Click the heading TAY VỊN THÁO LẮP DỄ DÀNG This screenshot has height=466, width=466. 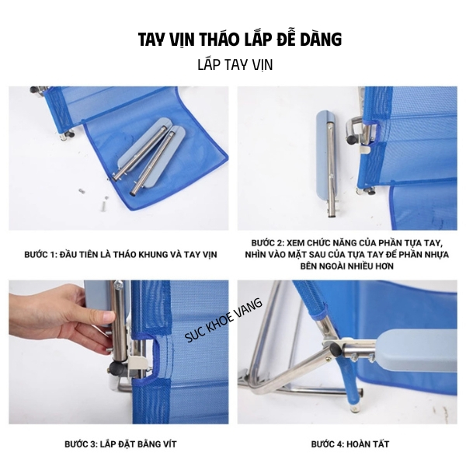pos(240,40)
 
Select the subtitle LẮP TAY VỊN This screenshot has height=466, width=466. pos(235,64)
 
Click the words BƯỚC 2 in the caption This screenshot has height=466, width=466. pos(267,243)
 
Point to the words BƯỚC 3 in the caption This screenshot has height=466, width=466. pos(81,444)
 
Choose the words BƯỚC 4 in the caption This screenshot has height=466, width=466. pos(327,444)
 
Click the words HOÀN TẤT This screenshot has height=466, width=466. pos(367,444)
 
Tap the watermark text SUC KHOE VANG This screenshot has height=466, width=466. pos(224,320)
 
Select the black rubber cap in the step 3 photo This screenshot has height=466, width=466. pos(117,368)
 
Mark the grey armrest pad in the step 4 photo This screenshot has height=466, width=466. pos(416,351)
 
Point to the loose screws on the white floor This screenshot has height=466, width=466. pos(92,198)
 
